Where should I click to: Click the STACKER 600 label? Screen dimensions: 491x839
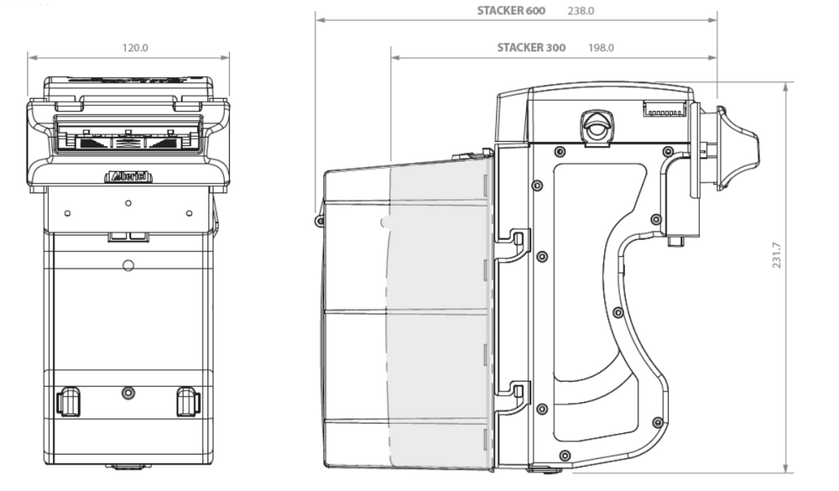[511, 11]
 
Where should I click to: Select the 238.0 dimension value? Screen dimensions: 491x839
[581, 11]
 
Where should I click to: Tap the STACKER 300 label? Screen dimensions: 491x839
[530, 48]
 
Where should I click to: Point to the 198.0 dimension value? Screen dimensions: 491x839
[602, 48]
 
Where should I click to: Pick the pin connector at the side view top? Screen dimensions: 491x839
[664, 109]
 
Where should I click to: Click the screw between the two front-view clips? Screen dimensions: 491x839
[128, 393]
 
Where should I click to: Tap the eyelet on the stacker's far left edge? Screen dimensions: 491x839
[320, 221]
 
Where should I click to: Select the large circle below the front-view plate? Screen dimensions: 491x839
[128, 265]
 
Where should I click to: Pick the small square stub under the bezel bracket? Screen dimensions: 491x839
[675, 241]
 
